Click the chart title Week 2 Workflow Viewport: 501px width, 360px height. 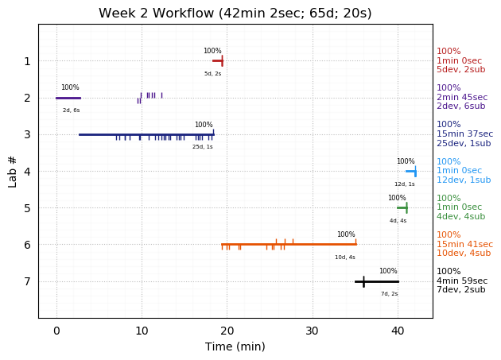235,14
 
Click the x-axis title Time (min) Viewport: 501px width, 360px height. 235,346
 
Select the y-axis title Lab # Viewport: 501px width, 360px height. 13,171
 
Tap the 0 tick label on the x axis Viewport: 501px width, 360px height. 56,331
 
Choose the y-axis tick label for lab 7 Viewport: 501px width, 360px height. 27,281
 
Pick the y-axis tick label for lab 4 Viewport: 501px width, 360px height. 27,171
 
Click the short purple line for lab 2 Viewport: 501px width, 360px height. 68,98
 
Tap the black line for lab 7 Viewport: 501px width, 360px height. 377,281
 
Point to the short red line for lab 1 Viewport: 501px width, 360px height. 217,60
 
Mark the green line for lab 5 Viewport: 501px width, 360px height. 402,207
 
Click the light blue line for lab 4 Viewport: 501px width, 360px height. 410,171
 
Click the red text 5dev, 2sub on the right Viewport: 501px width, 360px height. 460,70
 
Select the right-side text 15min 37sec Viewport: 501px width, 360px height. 464,134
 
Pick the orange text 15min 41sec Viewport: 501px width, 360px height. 464,244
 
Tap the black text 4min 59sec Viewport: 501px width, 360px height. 462,281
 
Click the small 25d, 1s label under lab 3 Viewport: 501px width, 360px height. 202,147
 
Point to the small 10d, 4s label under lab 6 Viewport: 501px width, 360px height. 345,257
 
